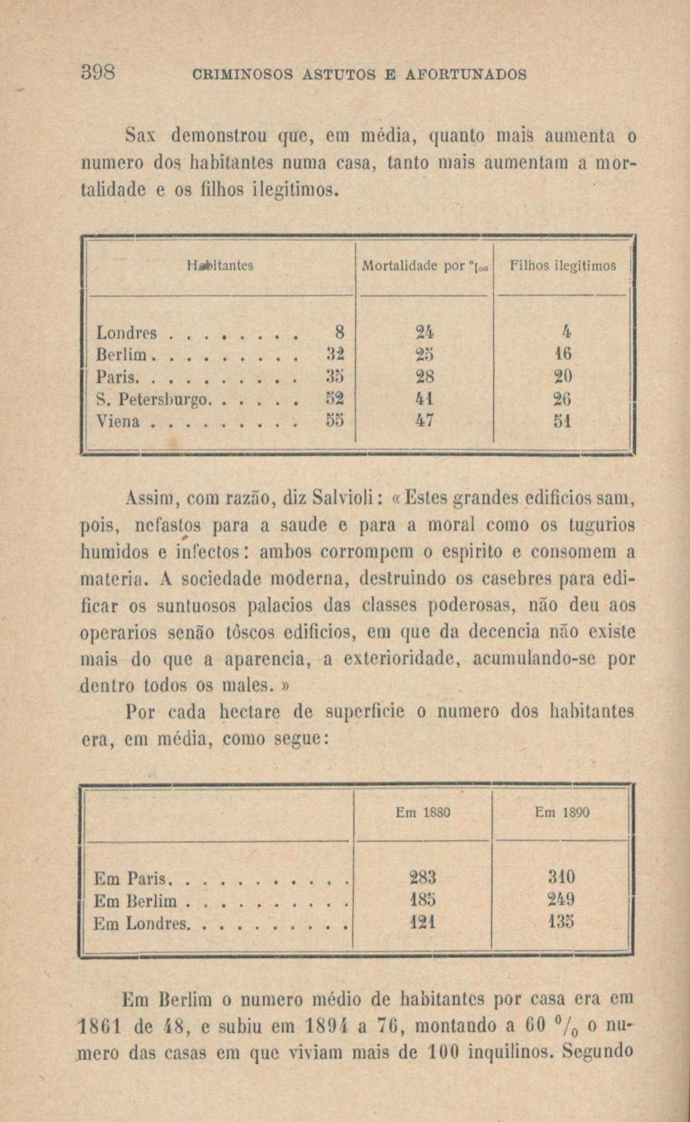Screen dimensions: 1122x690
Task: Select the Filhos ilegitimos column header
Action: coord(562,266)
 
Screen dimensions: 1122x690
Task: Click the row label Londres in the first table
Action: coord(126,333)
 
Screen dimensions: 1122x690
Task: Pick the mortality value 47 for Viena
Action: coord(423,421)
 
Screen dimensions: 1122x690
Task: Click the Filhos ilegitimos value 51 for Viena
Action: coord(563,421)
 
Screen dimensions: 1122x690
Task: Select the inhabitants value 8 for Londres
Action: coord(339,333)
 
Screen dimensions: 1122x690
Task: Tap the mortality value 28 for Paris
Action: coord(423,377)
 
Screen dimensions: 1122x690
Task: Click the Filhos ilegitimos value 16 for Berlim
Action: coord(563,355)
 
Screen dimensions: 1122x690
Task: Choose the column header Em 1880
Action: coord(423,813)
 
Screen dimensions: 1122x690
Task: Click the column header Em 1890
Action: coord(562,813)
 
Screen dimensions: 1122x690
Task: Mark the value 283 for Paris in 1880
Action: coord(423,877)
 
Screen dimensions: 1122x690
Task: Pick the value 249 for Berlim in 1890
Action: coord(561,900)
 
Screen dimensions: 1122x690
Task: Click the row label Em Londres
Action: coord(141,924)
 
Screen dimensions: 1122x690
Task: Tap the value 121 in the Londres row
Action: coord(423,924)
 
